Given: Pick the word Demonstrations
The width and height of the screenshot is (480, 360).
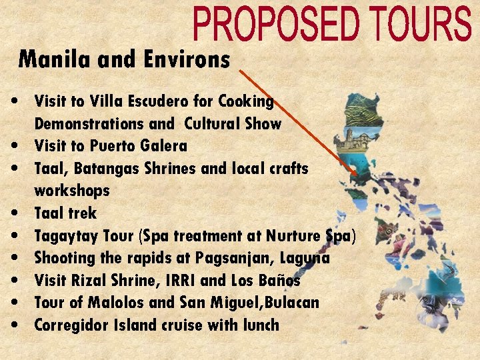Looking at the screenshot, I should pyautogui.click(x=89, y=124).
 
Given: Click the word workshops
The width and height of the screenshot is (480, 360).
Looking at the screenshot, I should pyautogui.click(x=71, y=191).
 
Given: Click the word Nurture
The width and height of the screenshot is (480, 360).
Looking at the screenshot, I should pyautogui.click(x=293, y=236).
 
